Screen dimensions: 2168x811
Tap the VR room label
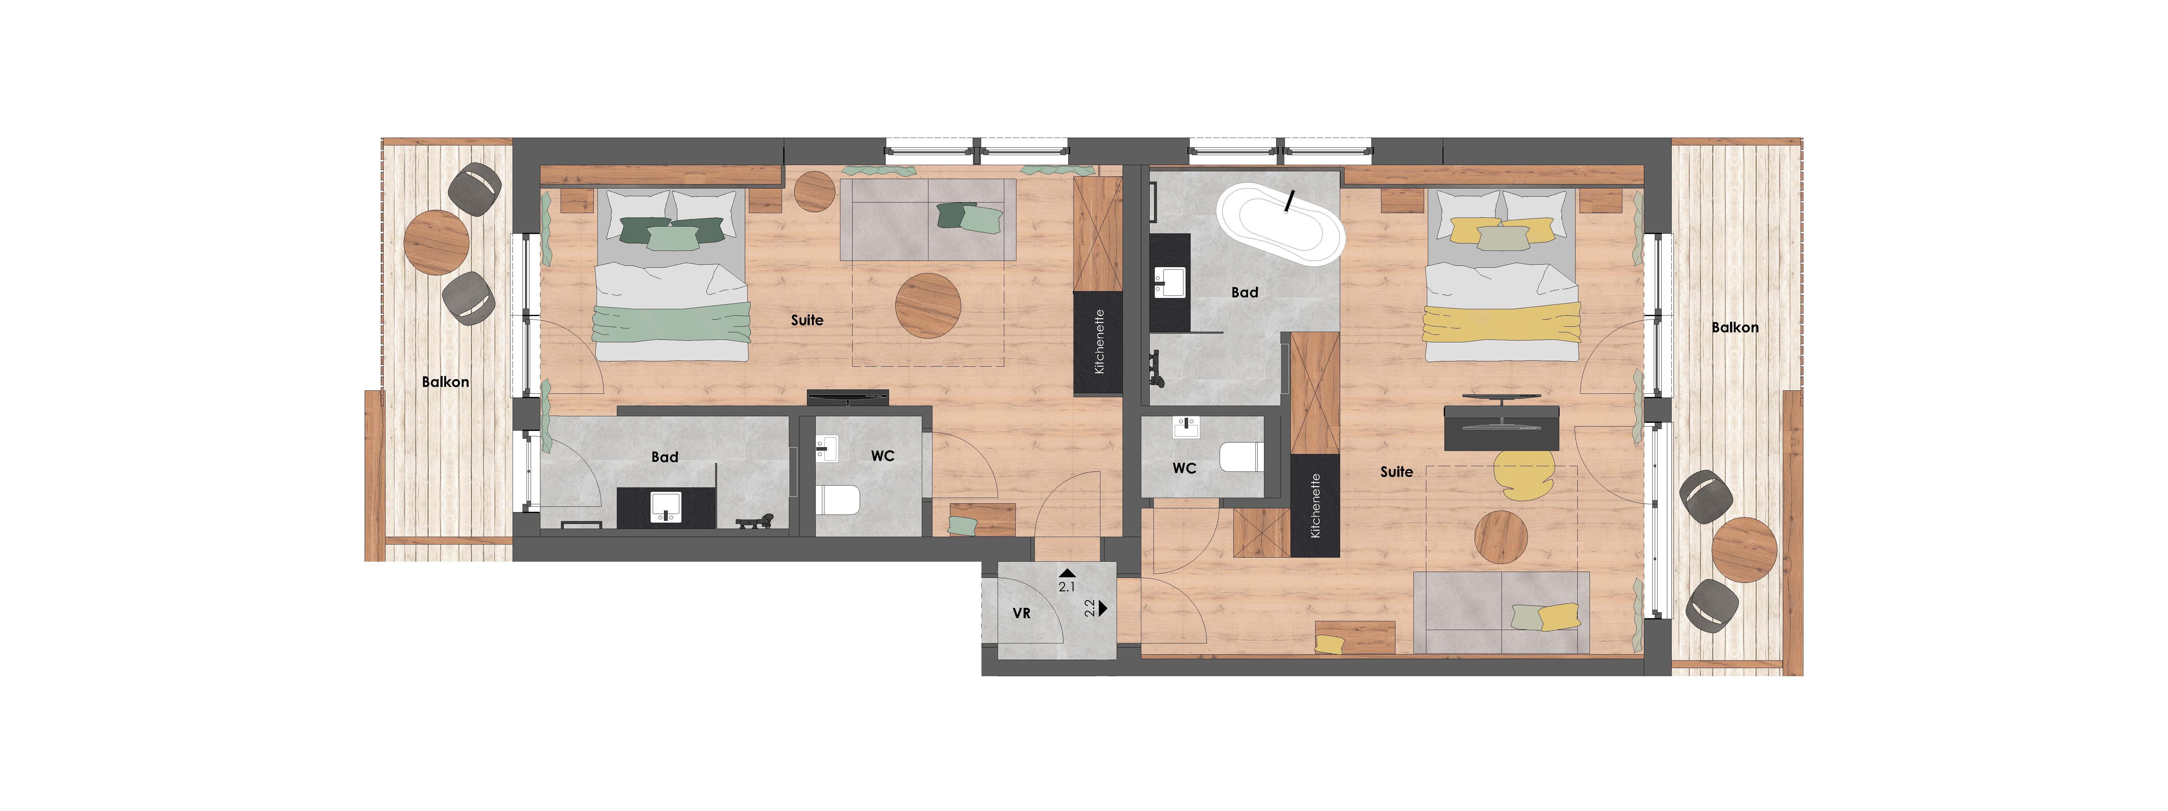tap(1021, 613)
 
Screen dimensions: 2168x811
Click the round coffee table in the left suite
tap(928, 306)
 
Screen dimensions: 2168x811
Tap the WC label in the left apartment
tap(883, 456)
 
